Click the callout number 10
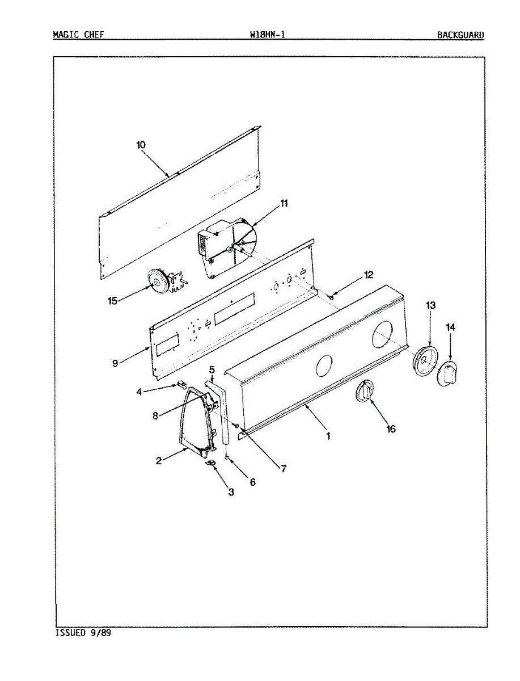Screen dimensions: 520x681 pyautogui.click(x=141, y=145)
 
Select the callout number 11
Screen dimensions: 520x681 pyautogui.click(x=284, y=204)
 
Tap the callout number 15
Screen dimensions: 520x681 pyautogui.click(x=112, y=300)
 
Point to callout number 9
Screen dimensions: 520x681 pyautogui.click(x=115, y=363)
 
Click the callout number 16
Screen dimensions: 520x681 pyautogui.click(x=391, y=428)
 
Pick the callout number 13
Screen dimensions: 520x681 pyautogui.click(x=430, y=306)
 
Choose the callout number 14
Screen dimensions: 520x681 pyautogui.click(x=450, y=327)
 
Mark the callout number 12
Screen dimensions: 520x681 pyautogui.click(x=369, y=275)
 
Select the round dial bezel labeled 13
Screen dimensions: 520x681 pyautogui.click(x=425, y=361)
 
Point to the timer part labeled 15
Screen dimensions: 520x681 pyautogui.click(x=160, y=281)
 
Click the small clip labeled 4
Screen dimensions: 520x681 pyautogui.click(x=182, y=384)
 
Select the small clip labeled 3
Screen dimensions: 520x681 pyautogui.click(x=210, y=464)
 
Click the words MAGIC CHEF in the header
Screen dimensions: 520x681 pyautogui.click(x=78, y=35)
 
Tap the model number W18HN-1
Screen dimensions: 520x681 pyautogui.click(x=267, y=35)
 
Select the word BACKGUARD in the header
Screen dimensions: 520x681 pyautogui.click(x=460, y=35)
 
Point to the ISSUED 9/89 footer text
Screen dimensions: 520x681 pyautogui.click(x=83, y=633)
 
